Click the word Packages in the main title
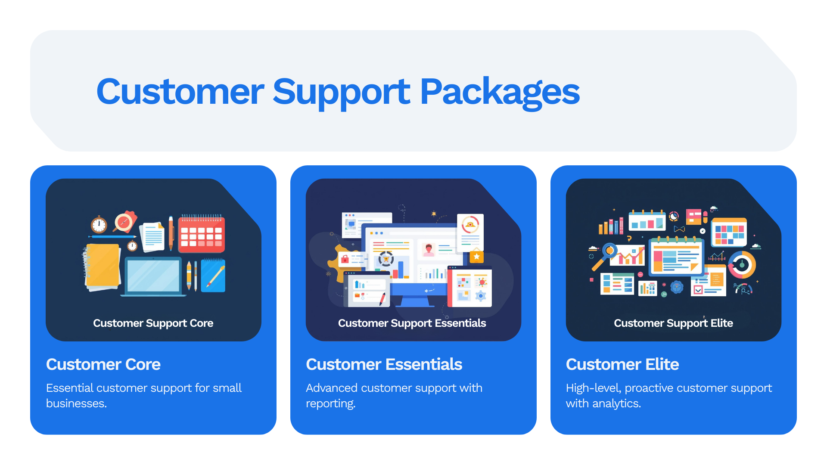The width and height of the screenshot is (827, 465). [x=500, y=92]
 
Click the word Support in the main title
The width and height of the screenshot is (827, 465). [x=341, y=92]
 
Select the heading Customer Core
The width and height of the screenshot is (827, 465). [x=103, y=365]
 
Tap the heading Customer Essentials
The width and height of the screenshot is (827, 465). [x=384, y=365]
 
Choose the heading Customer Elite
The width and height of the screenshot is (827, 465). [x=622, y=365]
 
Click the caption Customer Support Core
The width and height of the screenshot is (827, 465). [x=153, y=323]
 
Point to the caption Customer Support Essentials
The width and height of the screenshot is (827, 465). [x=412, y=323]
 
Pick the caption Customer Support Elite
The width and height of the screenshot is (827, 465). [x=673, y=323]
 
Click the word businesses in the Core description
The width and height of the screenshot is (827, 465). [x=76, y=403]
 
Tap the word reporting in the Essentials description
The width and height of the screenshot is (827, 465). [x=330, y=403]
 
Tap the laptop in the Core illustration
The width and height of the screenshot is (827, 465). [x=153, y=276]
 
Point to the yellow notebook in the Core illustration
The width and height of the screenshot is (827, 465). [x=103, y=266]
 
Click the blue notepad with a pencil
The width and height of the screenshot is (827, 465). [x=213, y=276]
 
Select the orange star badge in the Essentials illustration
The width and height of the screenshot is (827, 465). [x=476, y=257]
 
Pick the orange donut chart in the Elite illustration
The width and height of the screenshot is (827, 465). [x=742, y=265]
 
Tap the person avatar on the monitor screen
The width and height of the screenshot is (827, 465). [x=429, y=250]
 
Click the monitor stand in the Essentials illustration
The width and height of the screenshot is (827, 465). [x=415, y=301]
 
